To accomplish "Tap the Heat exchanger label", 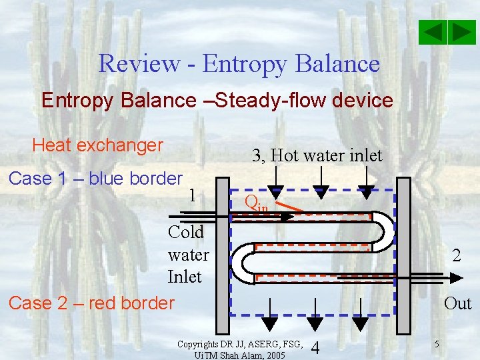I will pyautogui.click(x=97, y=145).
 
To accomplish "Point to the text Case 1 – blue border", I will pyautogui.click(x=95, y=179).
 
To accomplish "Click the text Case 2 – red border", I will pyautogui.click(x=91, y=303).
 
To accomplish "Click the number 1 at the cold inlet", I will pyautogui.click(x=192, y=196).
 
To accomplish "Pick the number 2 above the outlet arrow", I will pyautogui.click(x=457, y=255).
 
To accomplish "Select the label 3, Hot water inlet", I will pyautogui.click(x=317, y=156).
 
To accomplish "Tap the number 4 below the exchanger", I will pyautogui.click(x=315, y=348).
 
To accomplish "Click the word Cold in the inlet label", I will pyautogui.click(x=186, y=233).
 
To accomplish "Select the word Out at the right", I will pyautogui.click(x=457, y=303).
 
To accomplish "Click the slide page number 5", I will pyautogui.click(x=436, y=345).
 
